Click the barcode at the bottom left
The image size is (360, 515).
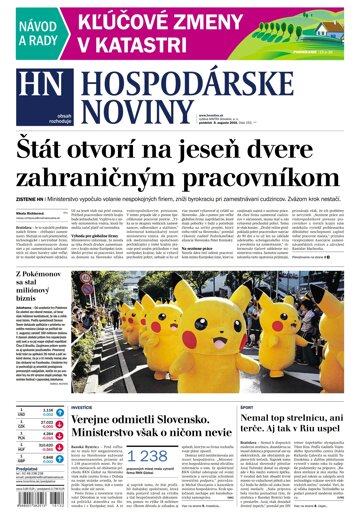pyautogui.click(x=27, y=506)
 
